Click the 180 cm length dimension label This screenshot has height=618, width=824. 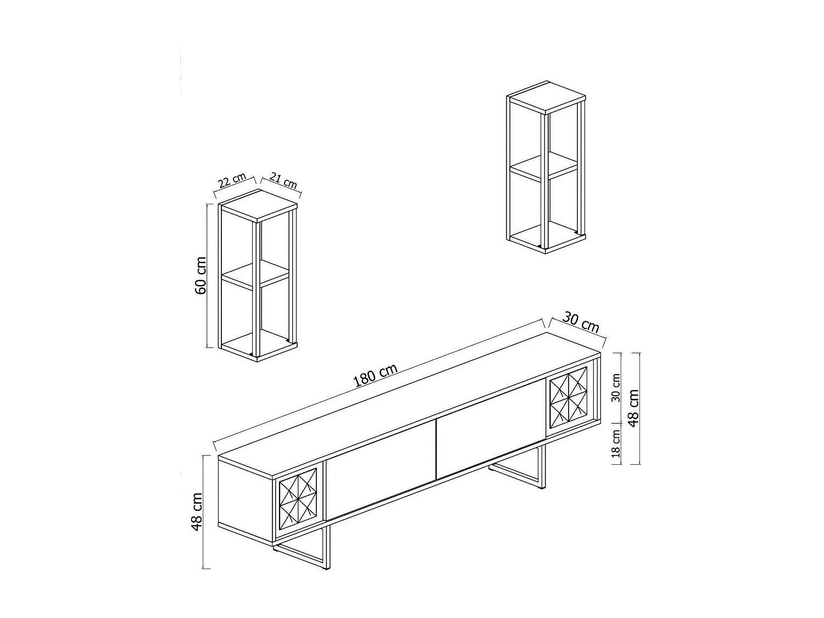(376, 376)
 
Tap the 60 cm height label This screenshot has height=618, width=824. (201, 275)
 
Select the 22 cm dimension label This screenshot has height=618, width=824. (231, 181)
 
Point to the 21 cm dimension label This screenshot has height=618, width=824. (283, 181)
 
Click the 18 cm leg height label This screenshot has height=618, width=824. (616, 444)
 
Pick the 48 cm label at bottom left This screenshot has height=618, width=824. (197, 511)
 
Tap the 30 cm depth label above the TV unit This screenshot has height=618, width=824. (581, 323)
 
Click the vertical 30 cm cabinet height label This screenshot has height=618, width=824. (616, 388)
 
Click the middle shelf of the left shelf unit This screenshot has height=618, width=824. (256, 273)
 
